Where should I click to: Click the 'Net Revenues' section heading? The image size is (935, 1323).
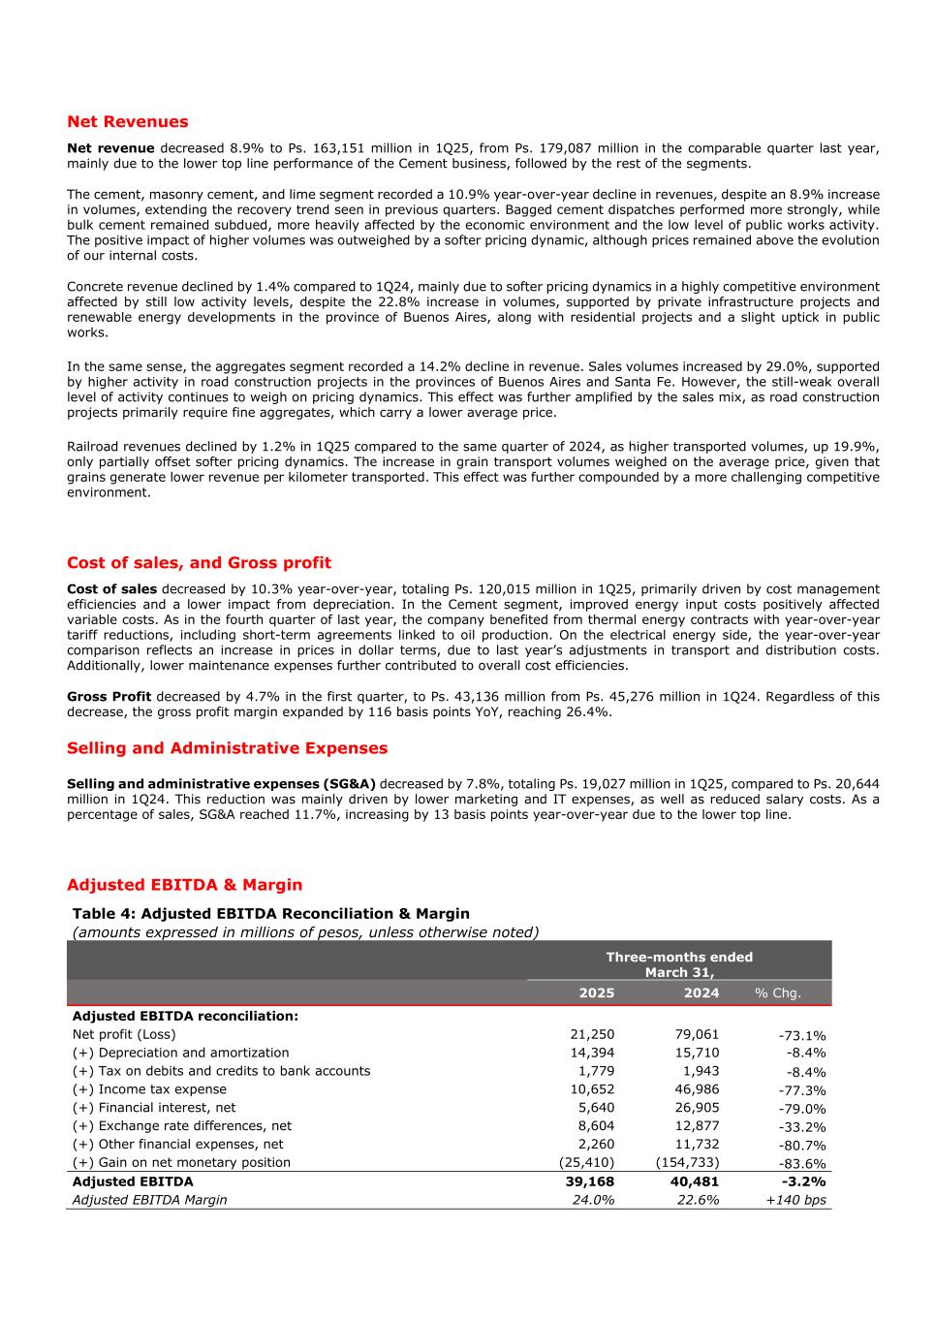128,122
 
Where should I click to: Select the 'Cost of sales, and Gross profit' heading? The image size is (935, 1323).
199,563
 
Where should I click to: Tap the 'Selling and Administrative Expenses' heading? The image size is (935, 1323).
227,748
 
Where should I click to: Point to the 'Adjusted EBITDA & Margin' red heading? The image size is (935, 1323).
184,885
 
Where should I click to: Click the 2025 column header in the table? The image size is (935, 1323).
596,992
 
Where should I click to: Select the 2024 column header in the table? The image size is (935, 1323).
701,992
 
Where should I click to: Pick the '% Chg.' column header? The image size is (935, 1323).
778,993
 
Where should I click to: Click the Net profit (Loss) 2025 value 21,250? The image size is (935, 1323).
592,1035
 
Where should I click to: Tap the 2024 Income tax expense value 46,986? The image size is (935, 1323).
697,1089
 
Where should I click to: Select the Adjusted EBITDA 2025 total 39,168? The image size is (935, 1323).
590,1181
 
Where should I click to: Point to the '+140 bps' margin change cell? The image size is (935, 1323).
795,1201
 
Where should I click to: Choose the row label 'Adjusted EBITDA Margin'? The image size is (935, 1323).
150,1200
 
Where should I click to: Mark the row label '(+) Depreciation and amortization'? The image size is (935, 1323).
180,1053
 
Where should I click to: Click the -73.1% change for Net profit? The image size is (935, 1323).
802,1036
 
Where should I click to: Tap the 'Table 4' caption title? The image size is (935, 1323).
270,914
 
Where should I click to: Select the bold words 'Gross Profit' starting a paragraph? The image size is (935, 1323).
109,697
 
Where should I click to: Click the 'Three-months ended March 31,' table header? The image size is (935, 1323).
679,964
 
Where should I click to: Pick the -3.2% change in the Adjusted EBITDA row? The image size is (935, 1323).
803,1181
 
